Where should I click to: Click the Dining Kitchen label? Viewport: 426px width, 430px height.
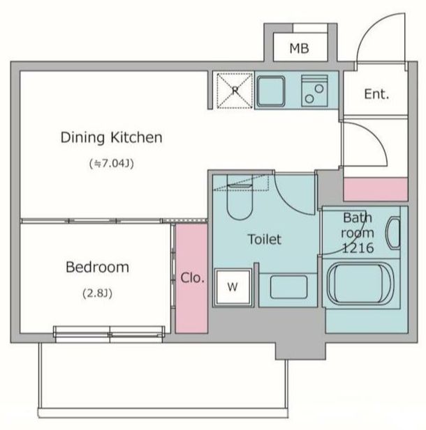(111, 137)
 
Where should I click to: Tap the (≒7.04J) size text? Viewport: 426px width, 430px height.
(112, 164)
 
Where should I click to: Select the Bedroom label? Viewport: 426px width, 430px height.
(97, 267)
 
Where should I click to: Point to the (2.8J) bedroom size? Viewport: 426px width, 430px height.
(97, 293)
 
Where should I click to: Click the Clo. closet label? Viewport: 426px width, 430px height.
(192, 278)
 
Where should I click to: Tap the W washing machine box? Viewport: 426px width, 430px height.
(233, 287)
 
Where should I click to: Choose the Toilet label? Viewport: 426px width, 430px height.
(265, 239)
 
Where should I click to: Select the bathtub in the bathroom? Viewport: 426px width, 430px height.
(360, 284)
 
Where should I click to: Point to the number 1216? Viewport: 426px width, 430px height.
(358, 248)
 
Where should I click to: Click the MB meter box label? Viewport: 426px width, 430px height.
(299, 49)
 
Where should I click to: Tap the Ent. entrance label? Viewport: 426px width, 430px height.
(376, 94)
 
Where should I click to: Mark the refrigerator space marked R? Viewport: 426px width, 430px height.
(235, 91)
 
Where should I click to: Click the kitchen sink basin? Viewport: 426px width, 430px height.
(271, 91)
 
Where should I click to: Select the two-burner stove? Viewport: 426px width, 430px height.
(314, 91)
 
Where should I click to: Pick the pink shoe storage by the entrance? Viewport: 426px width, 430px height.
(376, 190)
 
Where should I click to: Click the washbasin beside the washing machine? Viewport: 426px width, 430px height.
(288, 287)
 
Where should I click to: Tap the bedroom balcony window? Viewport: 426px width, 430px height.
(110, 334)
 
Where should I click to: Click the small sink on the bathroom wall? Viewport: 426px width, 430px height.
(394, 233)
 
